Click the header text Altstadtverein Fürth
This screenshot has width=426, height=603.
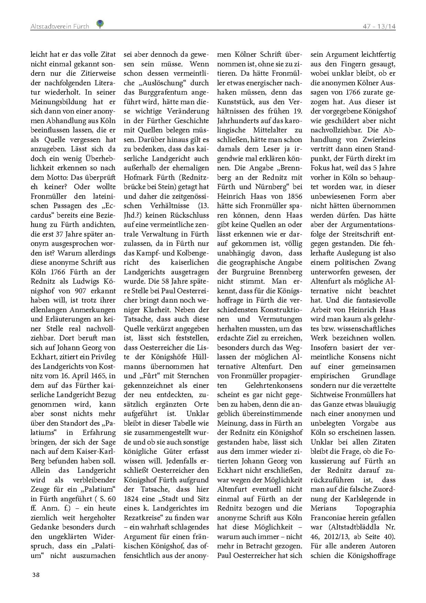point(59,26)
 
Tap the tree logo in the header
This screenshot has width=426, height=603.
point(100,23)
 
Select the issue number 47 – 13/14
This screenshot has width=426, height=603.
point(379,26)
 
